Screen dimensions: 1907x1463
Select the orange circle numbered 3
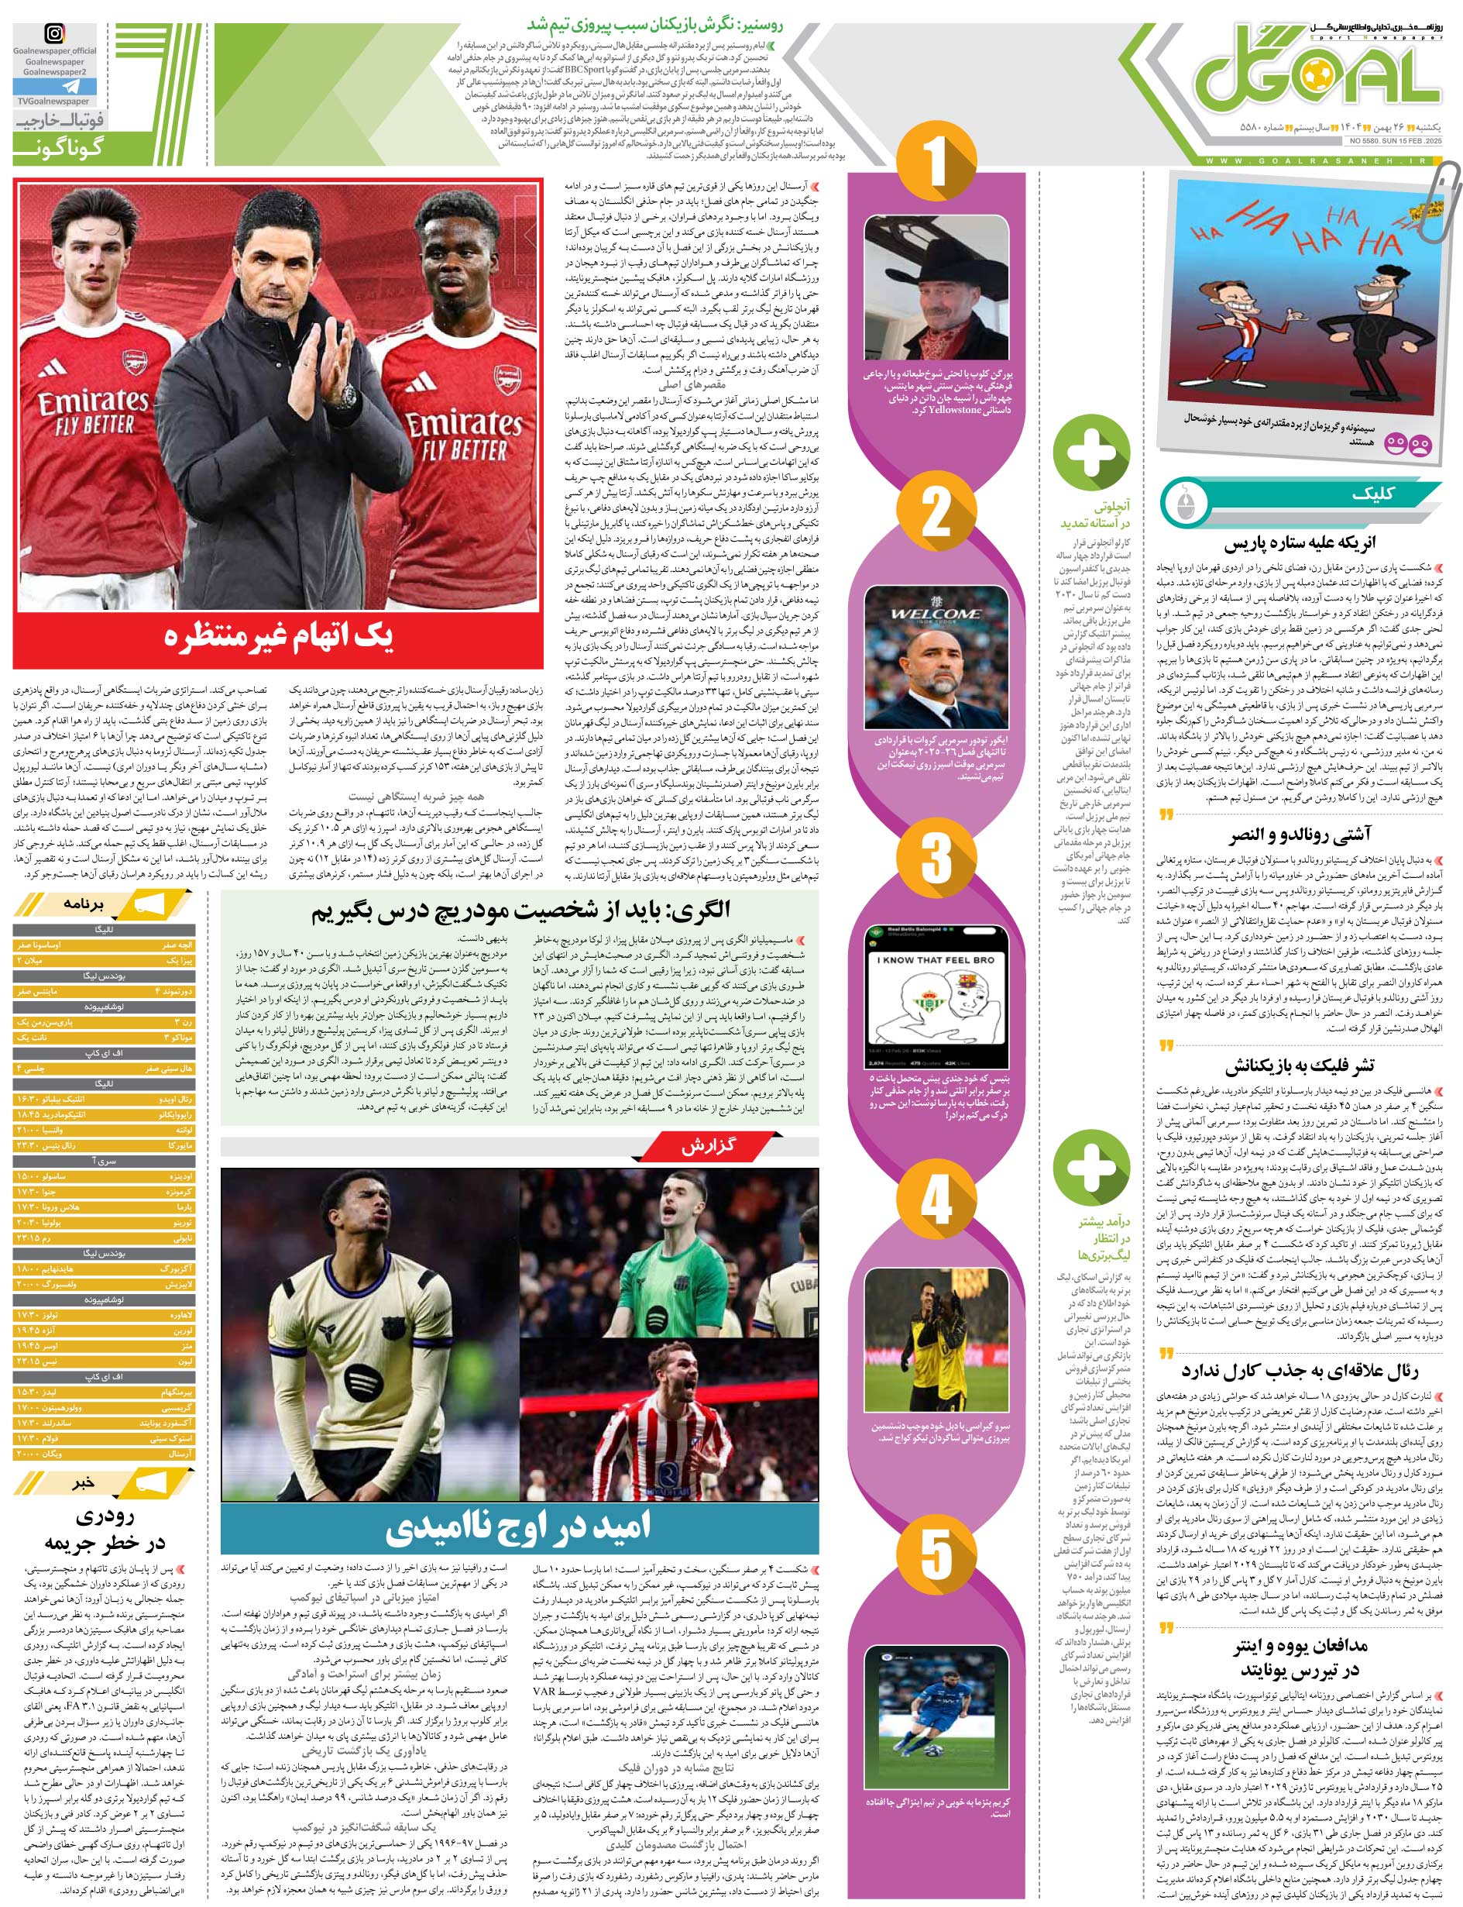[936, 858]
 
